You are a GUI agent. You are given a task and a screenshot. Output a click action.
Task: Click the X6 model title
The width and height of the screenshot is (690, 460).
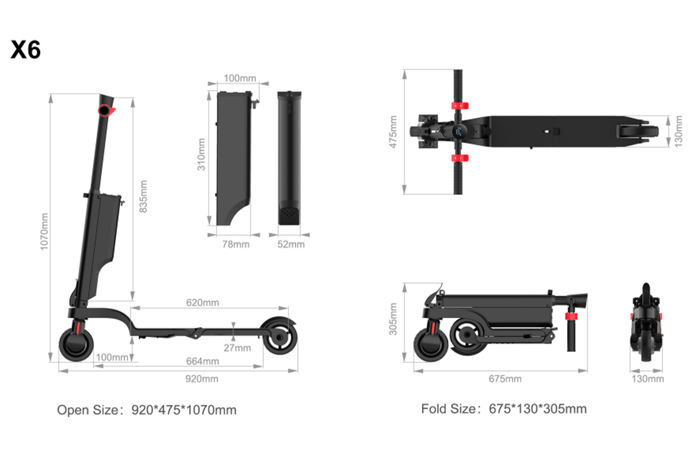[26, 50]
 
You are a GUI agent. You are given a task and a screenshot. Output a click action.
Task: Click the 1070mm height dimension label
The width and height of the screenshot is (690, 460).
[44, 231]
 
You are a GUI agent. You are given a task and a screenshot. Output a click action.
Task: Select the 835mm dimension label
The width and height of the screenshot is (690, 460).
[144, 196]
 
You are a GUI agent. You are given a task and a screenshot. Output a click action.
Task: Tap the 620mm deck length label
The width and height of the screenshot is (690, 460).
[202, 303]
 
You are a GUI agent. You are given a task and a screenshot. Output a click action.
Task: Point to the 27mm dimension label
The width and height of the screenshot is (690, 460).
[237, 348]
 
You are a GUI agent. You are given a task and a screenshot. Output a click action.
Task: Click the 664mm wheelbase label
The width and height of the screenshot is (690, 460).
[202, 362]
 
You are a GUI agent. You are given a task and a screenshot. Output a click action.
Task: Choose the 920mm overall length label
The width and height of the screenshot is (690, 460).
[201, 379]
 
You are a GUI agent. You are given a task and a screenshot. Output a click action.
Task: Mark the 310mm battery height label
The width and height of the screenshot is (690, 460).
[201, 155]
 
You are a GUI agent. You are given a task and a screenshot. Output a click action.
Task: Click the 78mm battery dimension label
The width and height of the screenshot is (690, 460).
[236, 245]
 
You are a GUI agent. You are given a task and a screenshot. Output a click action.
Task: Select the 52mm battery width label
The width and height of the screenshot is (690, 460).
[291, 245]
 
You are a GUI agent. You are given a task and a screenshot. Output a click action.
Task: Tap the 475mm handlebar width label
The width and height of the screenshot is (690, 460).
[393, 132]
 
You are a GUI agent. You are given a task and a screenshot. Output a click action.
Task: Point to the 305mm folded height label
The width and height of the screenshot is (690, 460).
[393, 319]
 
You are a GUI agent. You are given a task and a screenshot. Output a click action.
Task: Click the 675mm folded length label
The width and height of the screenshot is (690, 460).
[505, 379]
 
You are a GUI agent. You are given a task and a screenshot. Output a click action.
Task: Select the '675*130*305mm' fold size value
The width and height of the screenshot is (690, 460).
[537, 409]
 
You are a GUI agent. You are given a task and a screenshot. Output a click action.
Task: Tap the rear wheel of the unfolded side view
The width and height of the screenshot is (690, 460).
[279, 336]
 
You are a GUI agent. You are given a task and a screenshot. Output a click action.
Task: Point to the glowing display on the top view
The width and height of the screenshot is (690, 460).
[459, 132]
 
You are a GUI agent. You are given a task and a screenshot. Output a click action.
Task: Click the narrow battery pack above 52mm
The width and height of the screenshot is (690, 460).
[289, 158]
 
